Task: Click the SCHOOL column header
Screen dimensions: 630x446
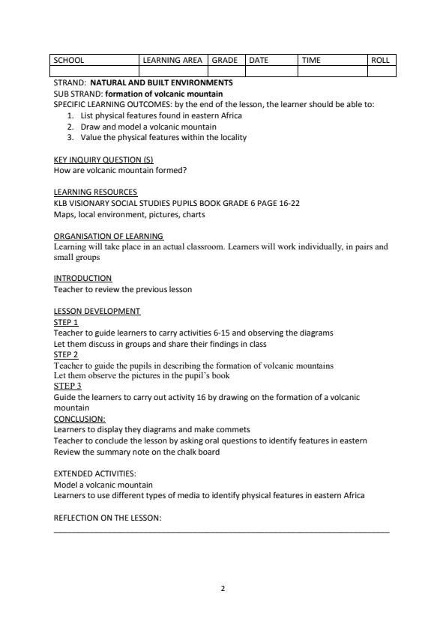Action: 68,60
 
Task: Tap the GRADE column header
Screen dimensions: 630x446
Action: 225,60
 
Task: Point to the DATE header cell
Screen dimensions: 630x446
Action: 259,60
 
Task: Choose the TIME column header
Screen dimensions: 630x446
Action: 311,60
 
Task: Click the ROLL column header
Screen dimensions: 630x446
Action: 381,60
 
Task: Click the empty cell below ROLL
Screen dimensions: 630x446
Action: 381,71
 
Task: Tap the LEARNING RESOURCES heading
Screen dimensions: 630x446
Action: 95,193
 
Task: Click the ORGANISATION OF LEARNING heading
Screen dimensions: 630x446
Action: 109,236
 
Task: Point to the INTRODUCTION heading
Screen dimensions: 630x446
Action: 82,278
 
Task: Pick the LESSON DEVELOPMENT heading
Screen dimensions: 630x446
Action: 97,311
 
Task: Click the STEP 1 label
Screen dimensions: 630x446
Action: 66,322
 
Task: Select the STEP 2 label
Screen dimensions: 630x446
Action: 66,354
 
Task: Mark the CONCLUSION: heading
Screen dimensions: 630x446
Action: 79,419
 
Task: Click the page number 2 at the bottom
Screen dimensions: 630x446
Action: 223,588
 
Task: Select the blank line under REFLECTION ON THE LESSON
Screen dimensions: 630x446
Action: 222,530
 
